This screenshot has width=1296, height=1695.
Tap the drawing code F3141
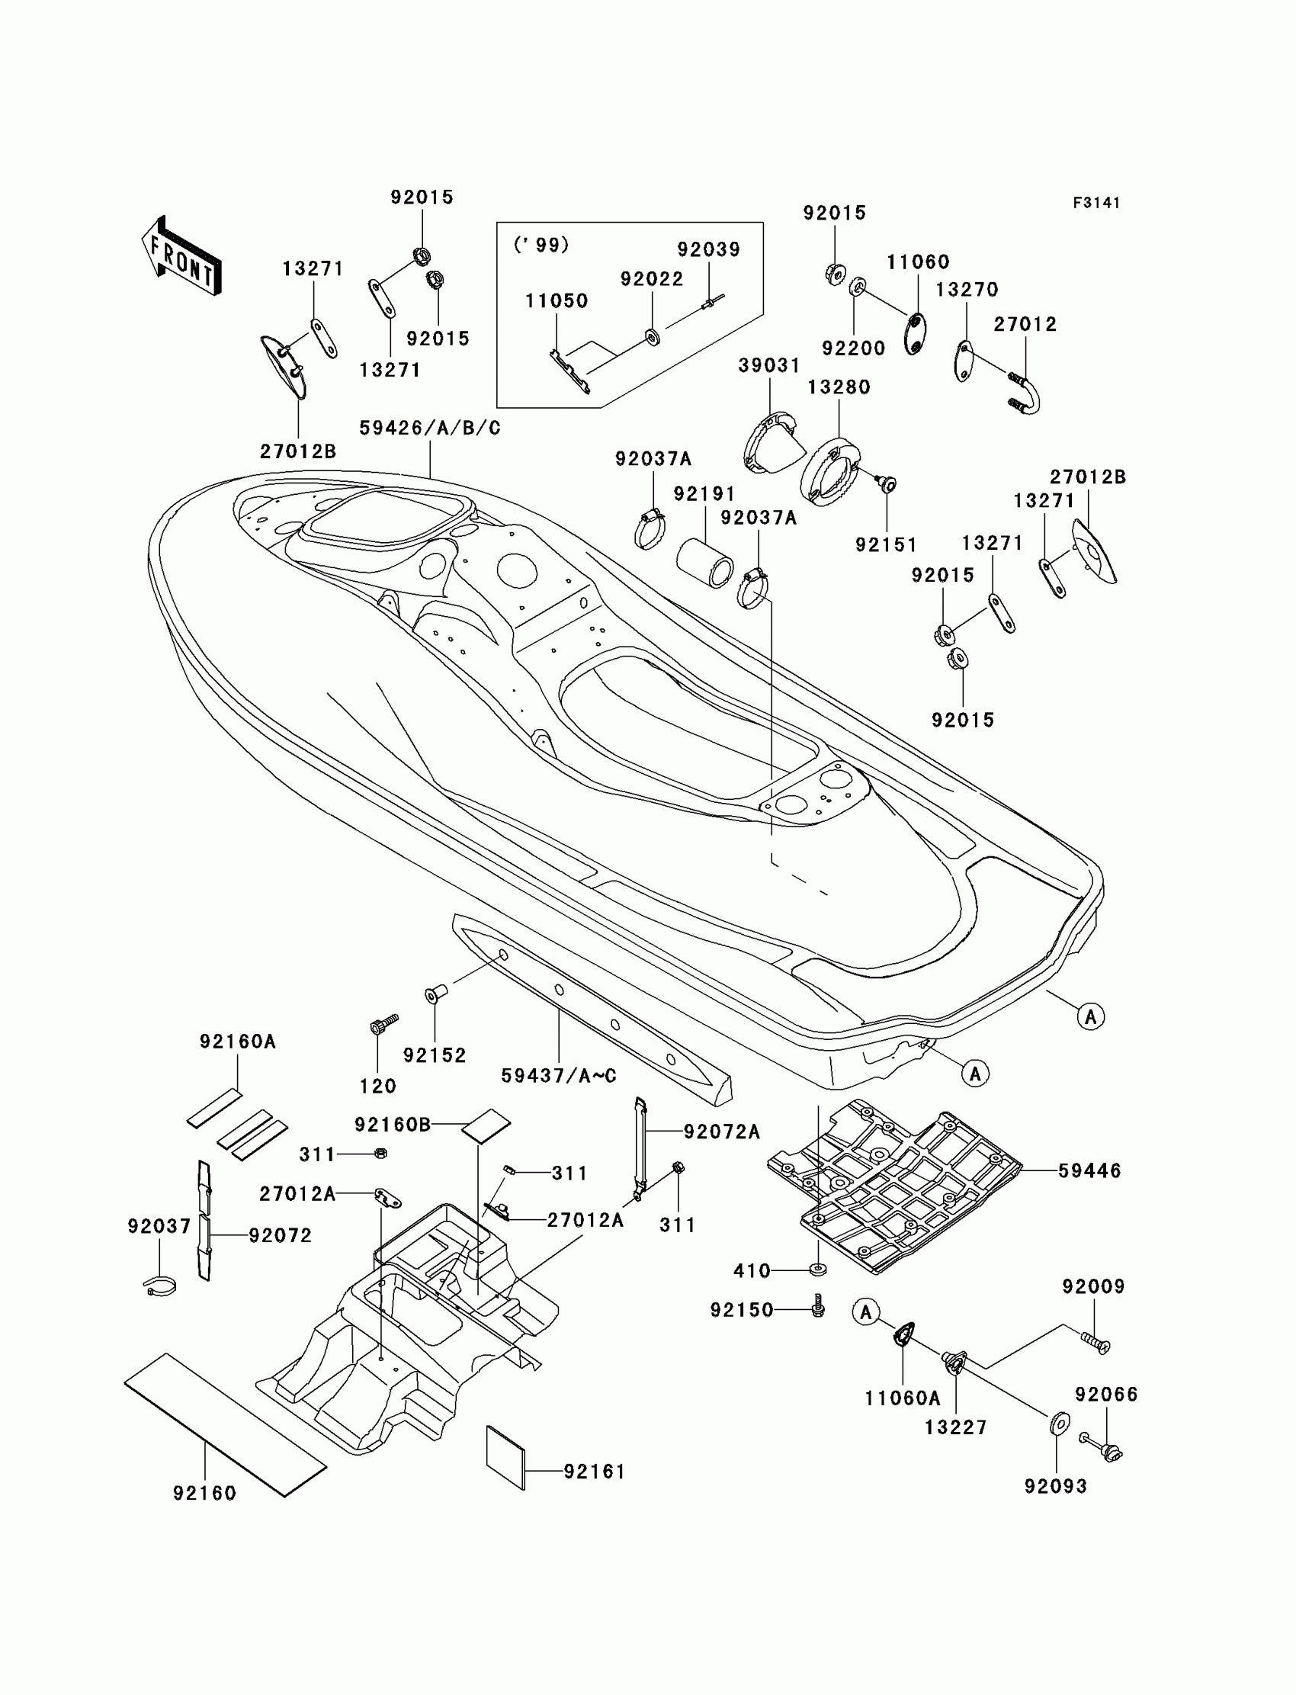click(x=1096, y=203)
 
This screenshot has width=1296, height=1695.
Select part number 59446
click(x=1089, y=1170)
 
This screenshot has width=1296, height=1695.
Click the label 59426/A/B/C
click(x=430, y=429)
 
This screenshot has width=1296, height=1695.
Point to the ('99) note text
click(x=541, y=245)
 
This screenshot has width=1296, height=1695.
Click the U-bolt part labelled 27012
click(x=1025, y=393)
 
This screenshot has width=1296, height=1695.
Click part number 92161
click(x=594, y=1472)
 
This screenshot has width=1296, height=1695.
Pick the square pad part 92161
click(x=505, y=1456)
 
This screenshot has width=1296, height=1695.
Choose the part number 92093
click(x=1055, y=1486)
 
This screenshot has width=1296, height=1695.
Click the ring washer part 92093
click(x=1059, y=1422)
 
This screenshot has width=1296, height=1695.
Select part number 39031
click(x=769, y=366)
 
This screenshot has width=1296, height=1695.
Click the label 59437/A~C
click(x=559, y=1075)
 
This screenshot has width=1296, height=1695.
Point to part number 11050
click(x=557, y=301)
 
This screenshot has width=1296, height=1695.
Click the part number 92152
click(x=435, y=1055)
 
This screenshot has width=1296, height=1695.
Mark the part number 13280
click(x=839, y=387)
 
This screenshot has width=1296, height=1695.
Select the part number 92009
click(x=1093, y=1286)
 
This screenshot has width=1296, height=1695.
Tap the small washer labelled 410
click(x=818, y=1270)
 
